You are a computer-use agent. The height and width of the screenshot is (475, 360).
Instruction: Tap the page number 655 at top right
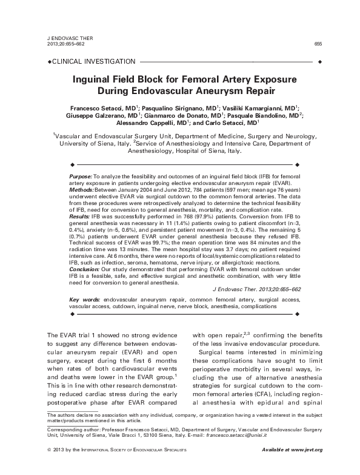pos(317,43)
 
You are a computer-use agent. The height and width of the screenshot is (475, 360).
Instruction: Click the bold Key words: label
pos(85,300)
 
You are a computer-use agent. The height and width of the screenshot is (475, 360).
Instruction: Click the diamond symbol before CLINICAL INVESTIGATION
pos(49,62)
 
